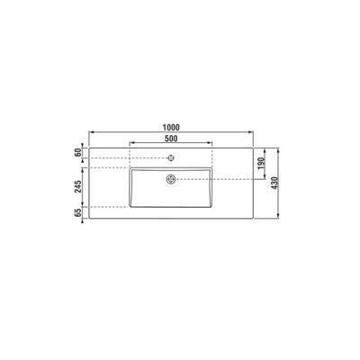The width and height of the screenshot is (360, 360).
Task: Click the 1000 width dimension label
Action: coord(171,128)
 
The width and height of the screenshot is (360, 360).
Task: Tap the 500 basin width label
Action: coord(171,139)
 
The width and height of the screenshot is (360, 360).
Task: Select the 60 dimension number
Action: coord(77,152)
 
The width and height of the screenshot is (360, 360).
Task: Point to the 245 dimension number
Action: coord(77,186)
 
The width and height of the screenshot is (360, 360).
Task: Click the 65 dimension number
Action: coord(77,212)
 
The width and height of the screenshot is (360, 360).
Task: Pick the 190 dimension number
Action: coord(261,163)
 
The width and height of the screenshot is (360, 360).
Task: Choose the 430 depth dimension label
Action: coord(275,183)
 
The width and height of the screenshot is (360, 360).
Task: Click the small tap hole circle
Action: coord(171,157)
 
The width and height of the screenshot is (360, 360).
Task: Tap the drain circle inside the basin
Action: coord(171,179)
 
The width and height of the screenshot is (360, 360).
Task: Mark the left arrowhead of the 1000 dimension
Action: coord(92,131)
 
